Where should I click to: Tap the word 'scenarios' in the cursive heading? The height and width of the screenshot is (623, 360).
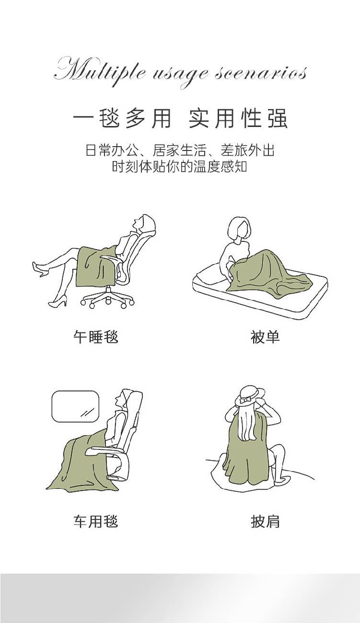261,73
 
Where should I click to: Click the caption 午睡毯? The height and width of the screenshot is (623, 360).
96,337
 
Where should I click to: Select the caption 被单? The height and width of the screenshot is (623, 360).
265,337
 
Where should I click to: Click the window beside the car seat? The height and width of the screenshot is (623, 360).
75,406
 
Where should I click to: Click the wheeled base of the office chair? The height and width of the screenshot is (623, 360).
107,298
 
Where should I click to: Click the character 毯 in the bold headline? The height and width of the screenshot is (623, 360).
109,118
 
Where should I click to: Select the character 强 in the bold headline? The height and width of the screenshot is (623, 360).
278,118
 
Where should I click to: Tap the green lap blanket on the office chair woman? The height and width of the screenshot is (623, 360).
96,266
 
